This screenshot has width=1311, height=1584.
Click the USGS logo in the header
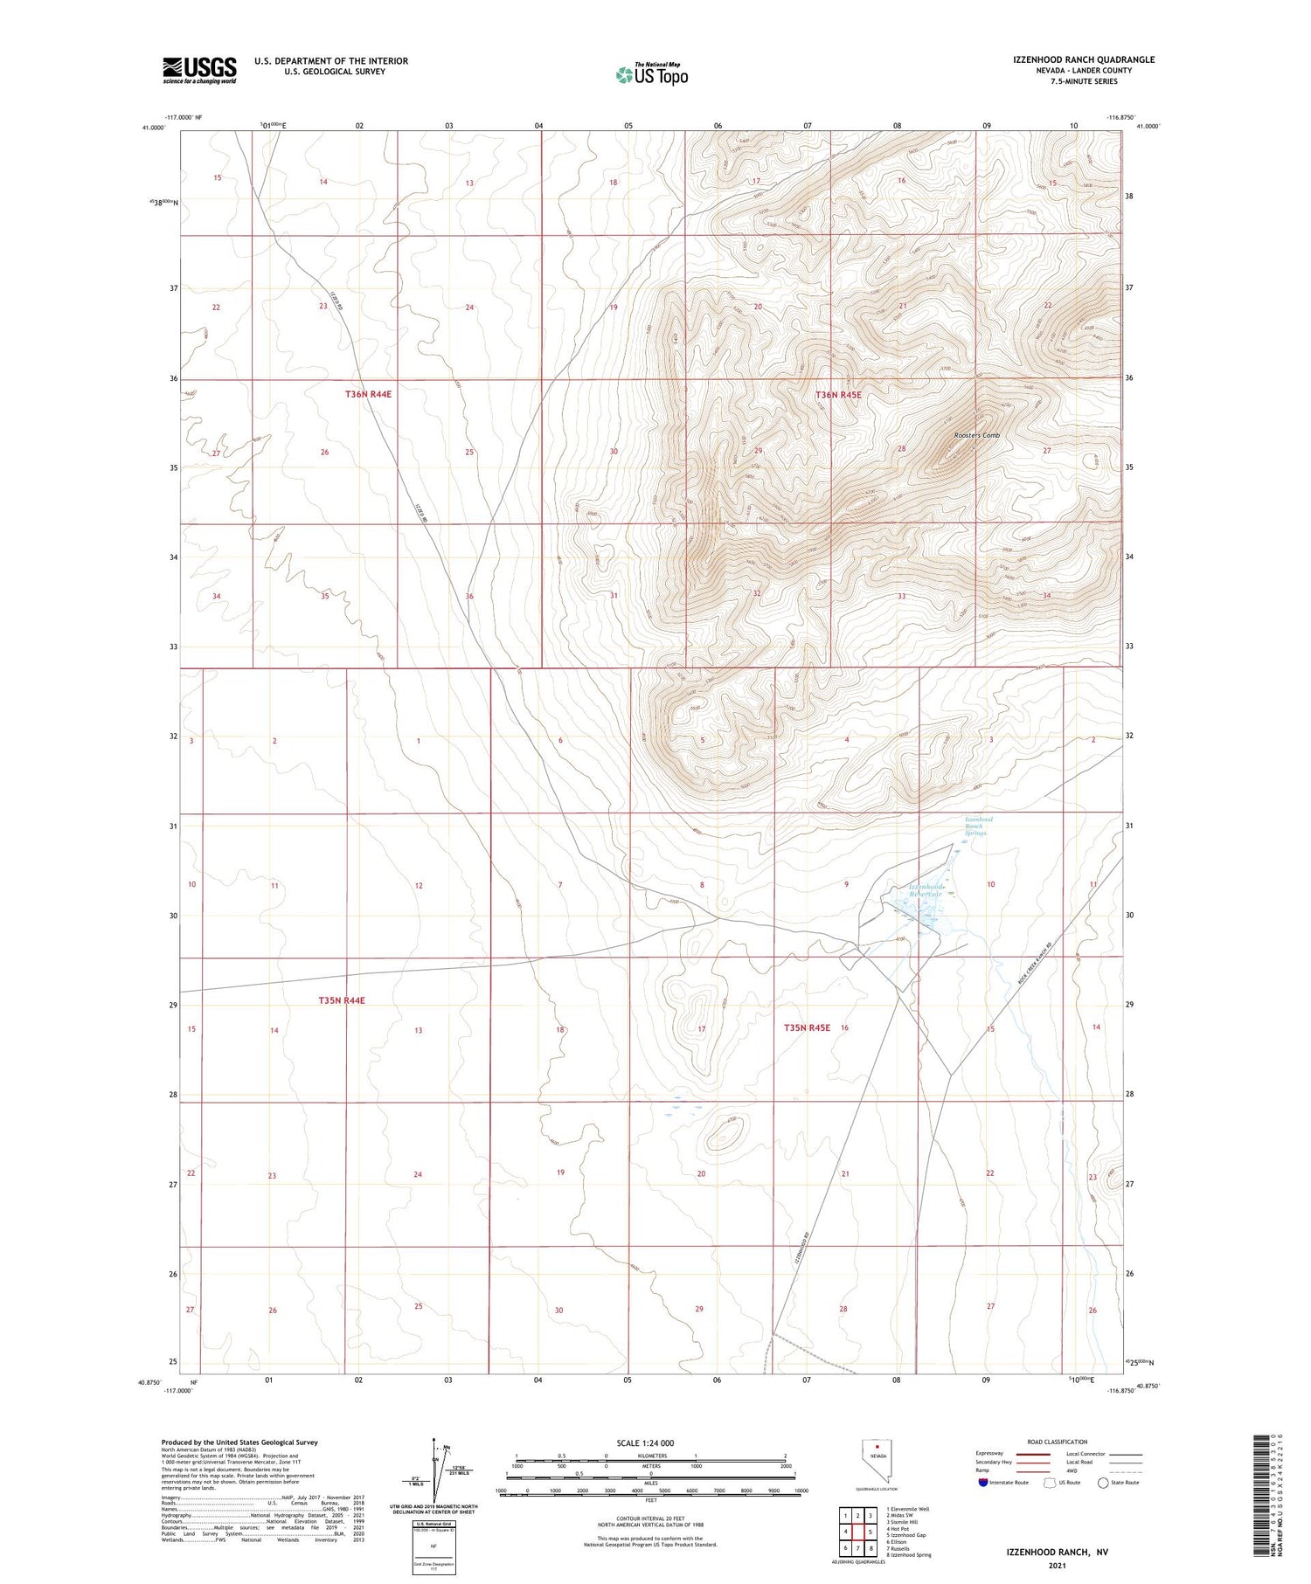click(199, 70)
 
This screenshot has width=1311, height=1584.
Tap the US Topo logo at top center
click(651, 75)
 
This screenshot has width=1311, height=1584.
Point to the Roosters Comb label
click(976, 435)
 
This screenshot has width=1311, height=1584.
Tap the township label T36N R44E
click(368, 394)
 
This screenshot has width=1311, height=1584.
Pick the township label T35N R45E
click(807, 1028)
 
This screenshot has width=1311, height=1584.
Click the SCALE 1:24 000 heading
click(650, 1442)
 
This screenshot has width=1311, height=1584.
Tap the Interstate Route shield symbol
click(983, 1482)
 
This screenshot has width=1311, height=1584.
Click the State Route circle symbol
click(1103, 1482)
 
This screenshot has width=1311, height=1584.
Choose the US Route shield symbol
click(1050, 1482)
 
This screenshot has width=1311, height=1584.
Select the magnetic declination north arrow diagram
click(434, 1470)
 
